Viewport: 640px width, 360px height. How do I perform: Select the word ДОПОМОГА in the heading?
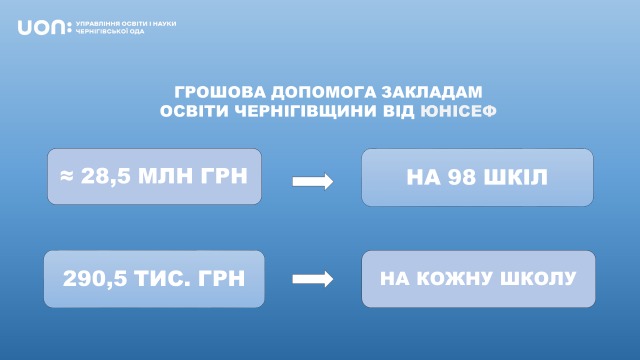(324, 92)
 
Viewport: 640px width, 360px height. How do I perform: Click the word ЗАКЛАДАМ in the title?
(432, 92)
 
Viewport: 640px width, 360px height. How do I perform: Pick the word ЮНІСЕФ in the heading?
(458, 111)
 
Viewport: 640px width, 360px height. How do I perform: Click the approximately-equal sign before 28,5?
(67, 176)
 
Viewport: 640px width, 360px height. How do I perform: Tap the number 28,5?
(106, 177)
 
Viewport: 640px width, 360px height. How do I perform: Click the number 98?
(462, 177)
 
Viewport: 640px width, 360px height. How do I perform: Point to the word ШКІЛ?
(516, 177)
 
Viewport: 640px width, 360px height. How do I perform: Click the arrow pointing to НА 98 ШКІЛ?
(313, 181)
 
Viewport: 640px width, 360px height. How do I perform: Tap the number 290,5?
(95, 278)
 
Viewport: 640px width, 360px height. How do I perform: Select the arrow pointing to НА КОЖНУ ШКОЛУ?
(313, 279)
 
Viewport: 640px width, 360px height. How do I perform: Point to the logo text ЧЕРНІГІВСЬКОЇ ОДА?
(110, 31)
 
